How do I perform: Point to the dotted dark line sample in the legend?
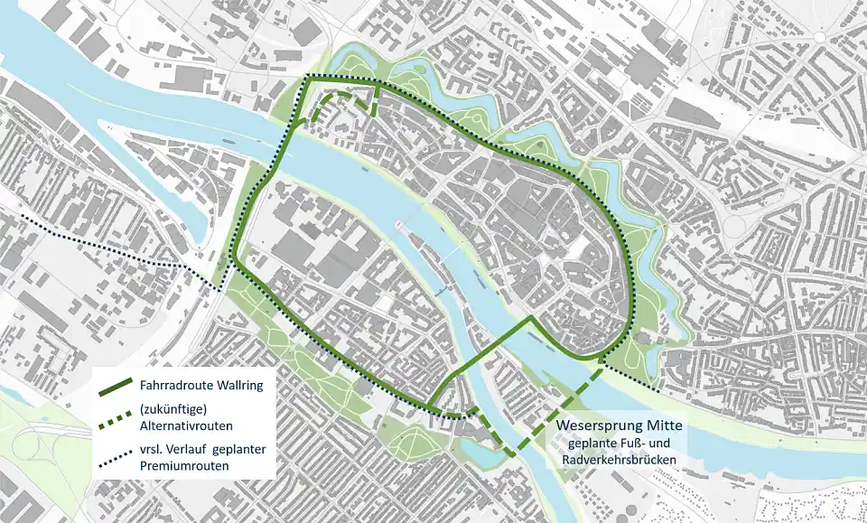(x=117, y=457)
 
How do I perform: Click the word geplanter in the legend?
(x=238, y=450)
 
